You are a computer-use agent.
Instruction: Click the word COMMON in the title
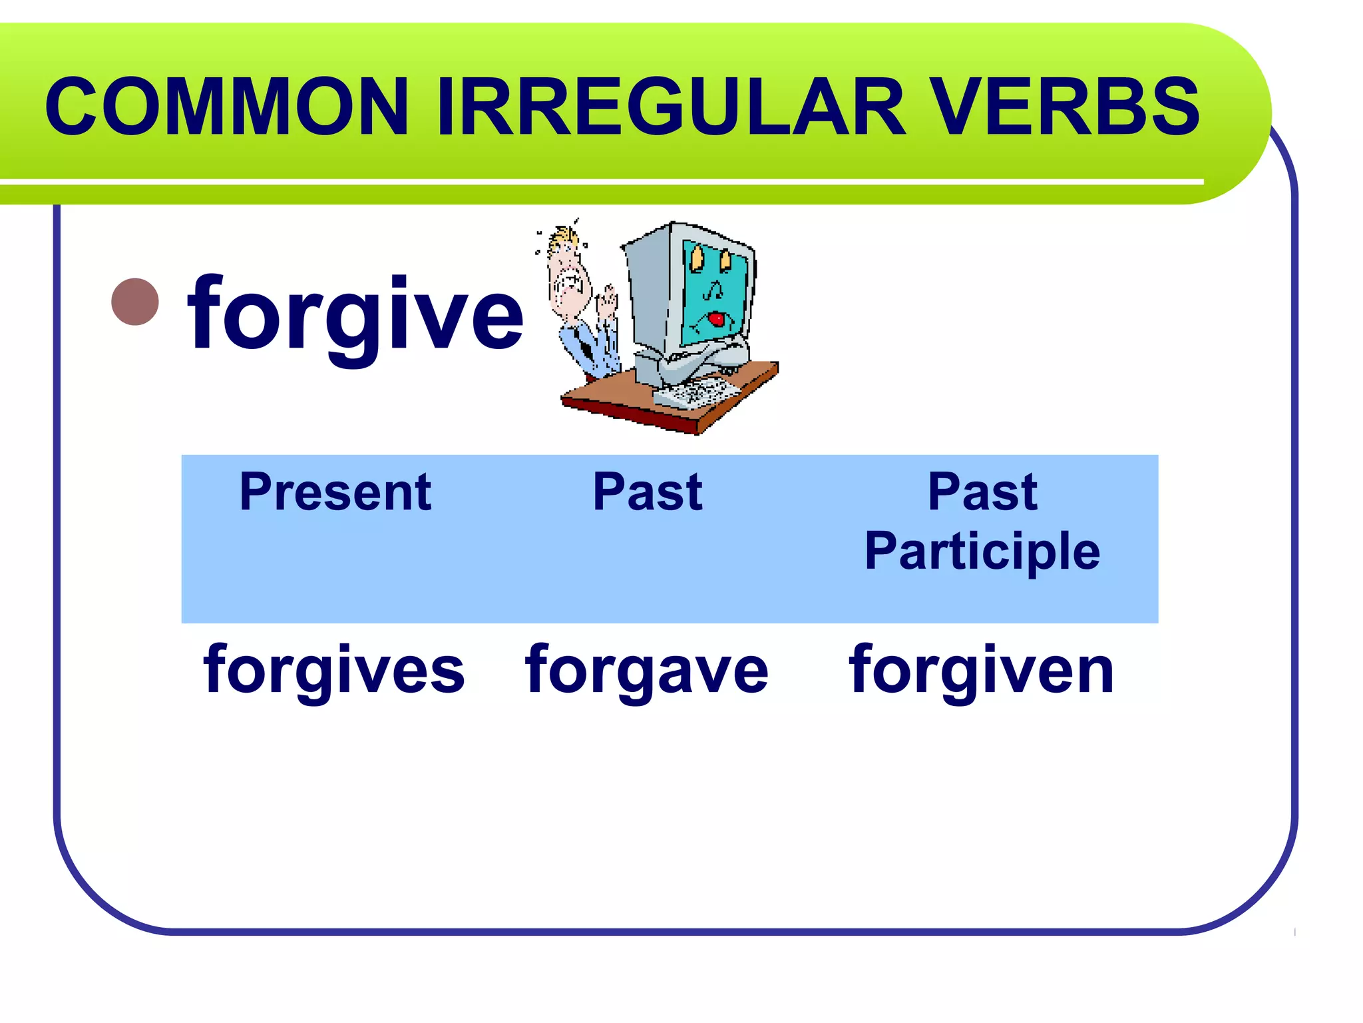click(x=226, y=107)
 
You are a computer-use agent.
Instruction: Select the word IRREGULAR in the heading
click(x=672, y=107)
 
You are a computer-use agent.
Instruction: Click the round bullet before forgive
click(x=135, y=302)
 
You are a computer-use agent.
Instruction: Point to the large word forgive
click(x=356, y=314)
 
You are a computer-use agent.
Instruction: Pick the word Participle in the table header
click(x=982, y=551)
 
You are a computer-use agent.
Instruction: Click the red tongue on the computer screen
click(x=716, y=320)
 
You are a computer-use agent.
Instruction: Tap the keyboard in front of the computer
click(x=695, y=393)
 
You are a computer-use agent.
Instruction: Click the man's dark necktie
click(x=586, y=346)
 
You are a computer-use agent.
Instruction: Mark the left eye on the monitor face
click(x=696, y=258)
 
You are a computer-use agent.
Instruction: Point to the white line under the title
click(x=599, y=182)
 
